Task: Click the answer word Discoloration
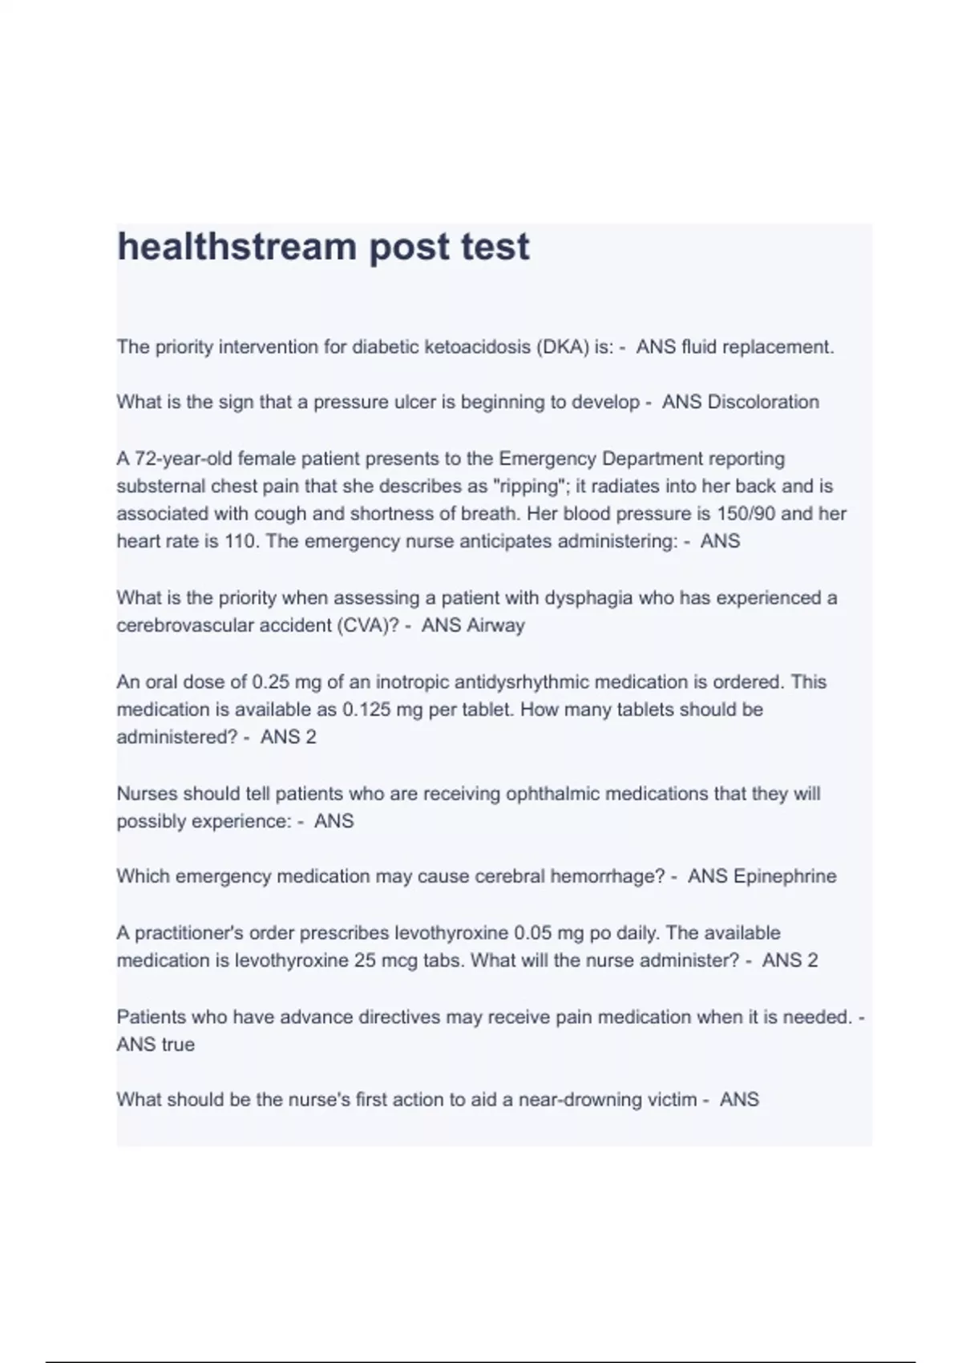click(x=763, y=402)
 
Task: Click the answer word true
click(x=178, y=1045)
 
